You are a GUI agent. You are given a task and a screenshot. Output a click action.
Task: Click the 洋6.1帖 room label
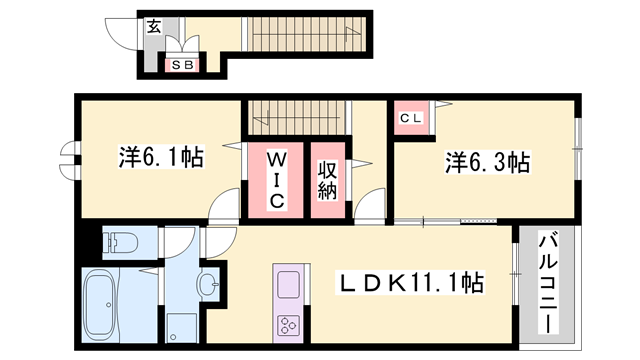pos(161,157)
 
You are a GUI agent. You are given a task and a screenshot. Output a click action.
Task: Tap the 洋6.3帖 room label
pos(487,162)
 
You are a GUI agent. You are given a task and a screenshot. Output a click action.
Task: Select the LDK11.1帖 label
pos(410,282)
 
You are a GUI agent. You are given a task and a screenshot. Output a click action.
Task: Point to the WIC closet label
pos(276,180)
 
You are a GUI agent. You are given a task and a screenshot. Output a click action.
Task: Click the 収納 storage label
pos(327,180)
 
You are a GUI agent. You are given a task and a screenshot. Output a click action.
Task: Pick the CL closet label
pos(411,118)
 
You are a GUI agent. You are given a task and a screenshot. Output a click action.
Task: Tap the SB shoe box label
pos(182,65)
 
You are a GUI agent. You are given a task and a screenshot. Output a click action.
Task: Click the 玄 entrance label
pos(154,27)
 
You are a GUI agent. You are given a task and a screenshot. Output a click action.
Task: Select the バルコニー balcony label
pos(547,283)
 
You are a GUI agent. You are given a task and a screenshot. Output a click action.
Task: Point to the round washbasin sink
pos(208,283)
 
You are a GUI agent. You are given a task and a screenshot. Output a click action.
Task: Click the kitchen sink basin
pos(289,284)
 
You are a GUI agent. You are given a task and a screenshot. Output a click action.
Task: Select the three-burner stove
pos(289,326)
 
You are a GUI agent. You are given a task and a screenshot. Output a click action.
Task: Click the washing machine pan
pos(182,327)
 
